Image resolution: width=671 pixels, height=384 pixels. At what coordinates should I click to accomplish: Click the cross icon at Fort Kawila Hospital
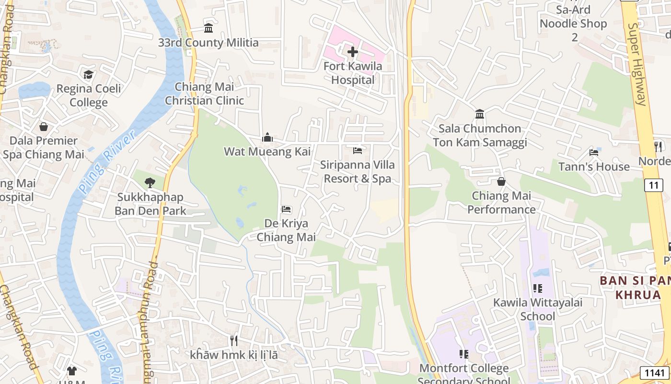[353, 51]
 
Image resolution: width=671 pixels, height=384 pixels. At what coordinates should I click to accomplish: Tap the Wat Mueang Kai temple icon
[267, 138]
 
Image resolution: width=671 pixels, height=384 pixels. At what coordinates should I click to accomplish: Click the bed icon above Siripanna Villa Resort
[358, 151]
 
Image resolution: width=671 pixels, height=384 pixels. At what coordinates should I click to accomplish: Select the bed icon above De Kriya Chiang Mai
[286, 209]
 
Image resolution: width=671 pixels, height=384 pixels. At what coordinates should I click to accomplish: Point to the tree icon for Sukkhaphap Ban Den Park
[150, 182]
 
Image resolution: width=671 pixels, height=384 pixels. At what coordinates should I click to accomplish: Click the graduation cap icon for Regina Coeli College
[89, 74]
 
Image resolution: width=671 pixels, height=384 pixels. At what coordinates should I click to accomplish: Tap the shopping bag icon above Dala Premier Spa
[44, 127]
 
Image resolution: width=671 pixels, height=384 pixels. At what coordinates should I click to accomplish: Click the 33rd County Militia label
[208, 43]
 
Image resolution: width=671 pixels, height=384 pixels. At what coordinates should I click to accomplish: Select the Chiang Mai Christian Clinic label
[205, 94]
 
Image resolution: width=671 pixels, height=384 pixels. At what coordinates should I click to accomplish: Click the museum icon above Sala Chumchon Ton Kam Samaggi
[480, 114]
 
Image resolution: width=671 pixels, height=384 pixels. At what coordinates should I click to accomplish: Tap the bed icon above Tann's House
[594, 153]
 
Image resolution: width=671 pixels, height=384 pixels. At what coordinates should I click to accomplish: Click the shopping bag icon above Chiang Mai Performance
[501, 181]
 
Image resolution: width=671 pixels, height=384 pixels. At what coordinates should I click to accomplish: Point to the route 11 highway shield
[654, 185]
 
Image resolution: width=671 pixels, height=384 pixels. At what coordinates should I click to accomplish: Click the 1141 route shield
[655, 372]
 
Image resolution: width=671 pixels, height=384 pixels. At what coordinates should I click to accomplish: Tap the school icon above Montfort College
[463, 354]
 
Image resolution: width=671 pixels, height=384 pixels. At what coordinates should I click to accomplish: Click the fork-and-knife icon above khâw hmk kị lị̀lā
[234, 341]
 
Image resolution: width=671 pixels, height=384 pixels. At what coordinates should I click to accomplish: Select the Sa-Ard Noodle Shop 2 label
[574, 23]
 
